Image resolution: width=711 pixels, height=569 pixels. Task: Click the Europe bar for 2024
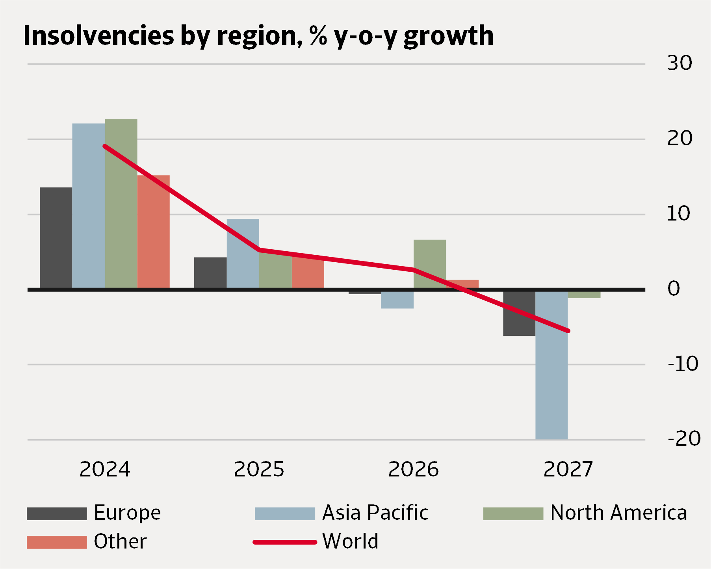(56, 238)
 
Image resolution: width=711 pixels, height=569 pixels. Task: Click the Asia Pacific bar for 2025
(243, 254)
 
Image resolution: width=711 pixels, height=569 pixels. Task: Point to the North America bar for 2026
(430, 264)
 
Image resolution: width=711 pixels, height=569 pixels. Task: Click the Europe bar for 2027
(519, 313)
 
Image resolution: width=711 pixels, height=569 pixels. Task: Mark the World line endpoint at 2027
(568, 331)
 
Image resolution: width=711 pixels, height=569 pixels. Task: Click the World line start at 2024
(105, 146)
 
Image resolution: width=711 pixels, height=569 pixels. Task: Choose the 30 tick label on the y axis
(679, 63)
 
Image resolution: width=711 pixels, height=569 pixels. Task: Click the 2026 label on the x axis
(413, 469)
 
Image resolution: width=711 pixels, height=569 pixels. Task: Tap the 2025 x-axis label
(259, 469)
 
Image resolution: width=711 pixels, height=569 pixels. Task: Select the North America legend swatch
(513, 514)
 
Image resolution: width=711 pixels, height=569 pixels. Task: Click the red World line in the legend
(285, 542)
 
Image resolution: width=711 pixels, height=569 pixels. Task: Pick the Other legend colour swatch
(57, 542)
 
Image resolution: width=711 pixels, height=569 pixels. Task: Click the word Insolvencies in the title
(99, 36)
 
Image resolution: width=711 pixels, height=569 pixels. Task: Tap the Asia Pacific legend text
(375, 513)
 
